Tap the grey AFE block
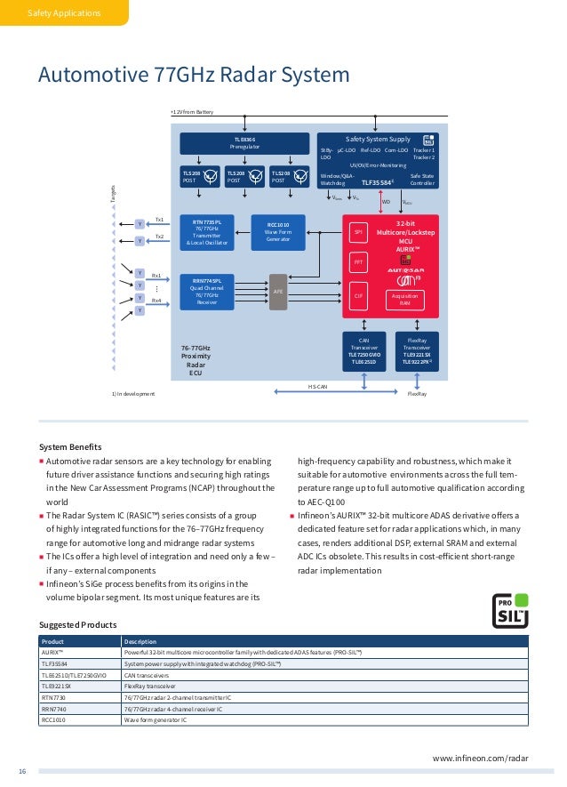coord(278,291)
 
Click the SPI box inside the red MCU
coord(360,233)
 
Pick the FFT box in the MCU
coord(360,263)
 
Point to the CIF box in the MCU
coord(360,295)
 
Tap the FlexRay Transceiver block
coord(416,350)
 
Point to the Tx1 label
coord(159,219)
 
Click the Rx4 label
coord(156,301)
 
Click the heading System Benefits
coord(71,446)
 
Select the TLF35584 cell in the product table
coord(56,664)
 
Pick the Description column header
coord(140,641)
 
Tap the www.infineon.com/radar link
coord(480,758)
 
